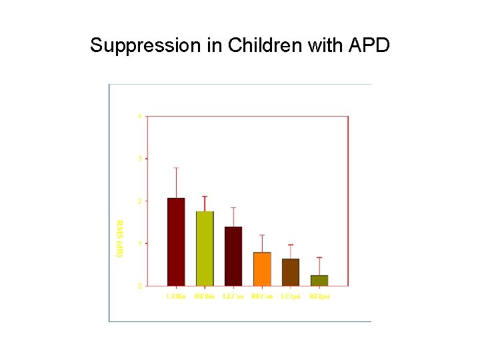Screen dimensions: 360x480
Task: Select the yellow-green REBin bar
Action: pos(205,248)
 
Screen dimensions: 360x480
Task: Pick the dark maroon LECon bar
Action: pos(233,256)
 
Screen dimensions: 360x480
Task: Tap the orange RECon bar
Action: pos(262,269)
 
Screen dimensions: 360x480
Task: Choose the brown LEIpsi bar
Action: pos(291,272)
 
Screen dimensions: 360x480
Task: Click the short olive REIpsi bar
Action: pos(319,280)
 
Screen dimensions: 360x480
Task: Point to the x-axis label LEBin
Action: pos(176,296)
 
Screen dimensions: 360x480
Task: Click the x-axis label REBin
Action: pos(205,296)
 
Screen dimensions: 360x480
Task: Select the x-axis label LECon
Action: pos(233,296)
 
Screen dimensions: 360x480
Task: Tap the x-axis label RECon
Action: pos(262,296)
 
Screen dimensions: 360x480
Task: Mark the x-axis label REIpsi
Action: pos(319,296)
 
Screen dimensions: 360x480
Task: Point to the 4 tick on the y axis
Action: pos(139,116)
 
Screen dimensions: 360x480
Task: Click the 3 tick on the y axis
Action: pos(139,159)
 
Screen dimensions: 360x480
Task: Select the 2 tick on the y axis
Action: pos(139,201)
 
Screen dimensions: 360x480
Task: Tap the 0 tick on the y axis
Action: pos(139,286)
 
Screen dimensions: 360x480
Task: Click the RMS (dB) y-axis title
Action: pos(120,239)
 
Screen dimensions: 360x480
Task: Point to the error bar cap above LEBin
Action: pos(176,167)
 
